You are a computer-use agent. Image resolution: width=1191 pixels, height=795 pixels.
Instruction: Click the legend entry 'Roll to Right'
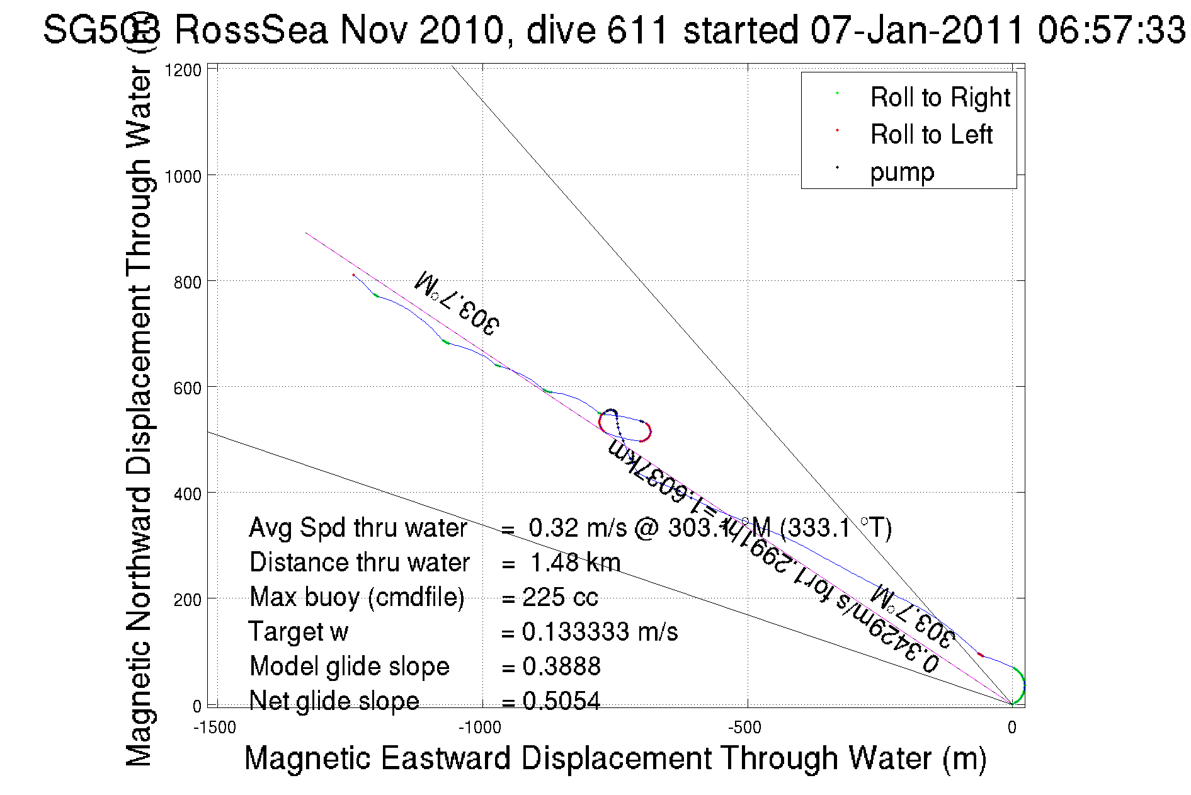click(940, 98)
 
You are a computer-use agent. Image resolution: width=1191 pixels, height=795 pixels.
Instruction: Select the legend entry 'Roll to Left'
click(931, 135)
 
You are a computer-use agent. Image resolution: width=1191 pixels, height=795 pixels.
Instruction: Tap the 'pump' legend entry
click(902, 172)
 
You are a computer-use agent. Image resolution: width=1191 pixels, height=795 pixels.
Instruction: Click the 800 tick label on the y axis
click(187, 282)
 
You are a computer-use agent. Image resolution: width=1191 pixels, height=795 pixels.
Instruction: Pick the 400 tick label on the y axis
click(187, 494)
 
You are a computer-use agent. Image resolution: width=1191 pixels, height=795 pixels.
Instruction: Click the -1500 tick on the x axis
click(215, 728)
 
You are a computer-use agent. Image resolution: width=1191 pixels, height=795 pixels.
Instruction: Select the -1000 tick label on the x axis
click(479, 728)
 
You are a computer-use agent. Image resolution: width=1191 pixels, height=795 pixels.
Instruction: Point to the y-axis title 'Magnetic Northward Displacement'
click(139, 416)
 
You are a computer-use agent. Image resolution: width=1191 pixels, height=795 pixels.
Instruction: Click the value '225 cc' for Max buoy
click(560, 597)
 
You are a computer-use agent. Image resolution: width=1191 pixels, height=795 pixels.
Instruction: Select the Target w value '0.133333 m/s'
click(600, 632)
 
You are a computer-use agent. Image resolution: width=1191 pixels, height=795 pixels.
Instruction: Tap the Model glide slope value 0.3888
click(561, 666)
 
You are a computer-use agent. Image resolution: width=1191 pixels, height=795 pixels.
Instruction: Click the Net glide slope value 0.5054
click(561, 701)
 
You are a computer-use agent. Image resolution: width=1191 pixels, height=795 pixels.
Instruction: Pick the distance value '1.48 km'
click(575, 563)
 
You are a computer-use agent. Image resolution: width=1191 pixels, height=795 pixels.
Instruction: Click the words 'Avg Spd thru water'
click(358, 528)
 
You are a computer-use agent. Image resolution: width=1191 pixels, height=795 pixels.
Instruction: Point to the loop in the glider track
click(624, 425)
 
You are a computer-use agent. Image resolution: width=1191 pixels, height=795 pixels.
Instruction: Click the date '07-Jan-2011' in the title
click(917, 30)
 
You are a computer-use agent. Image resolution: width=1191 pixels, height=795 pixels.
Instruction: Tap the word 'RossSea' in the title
click(251, 30)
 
